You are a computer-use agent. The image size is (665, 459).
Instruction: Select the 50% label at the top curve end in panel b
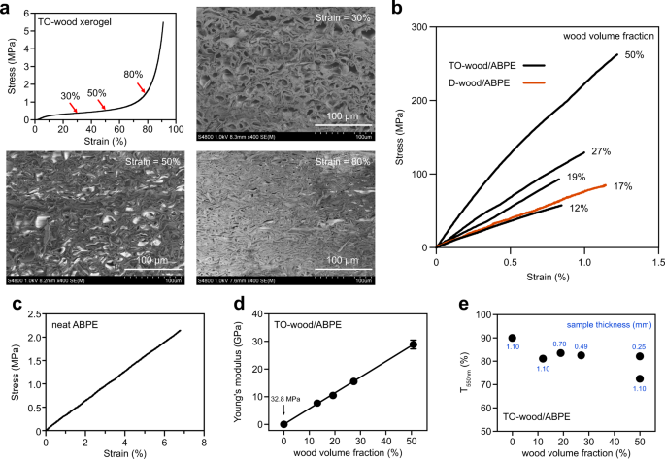point(634,55)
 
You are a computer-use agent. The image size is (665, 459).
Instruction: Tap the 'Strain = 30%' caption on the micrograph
point(349,16)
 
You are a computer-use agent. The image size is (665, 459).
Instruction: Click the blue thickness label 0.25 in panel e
point(640,344)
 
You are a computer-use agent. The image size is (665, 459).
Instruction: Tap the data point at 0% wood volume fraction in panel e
point(512,338)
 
